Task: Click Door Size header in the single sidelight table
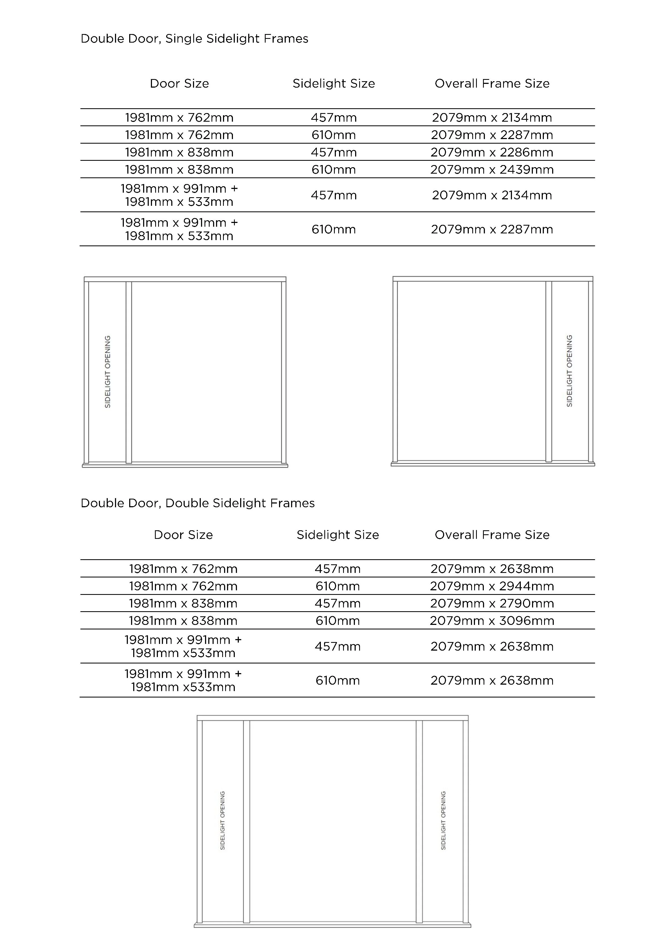[x=179, y=84]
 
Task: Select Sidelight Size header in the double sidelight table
[x=337, y=535]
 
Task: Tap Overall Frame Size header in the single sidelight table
[x=492, y=84]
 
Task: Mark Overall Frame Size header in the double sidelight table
[x=492, y=535]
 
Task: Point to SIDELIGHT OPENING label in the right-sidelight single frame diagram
[x=569, y=371]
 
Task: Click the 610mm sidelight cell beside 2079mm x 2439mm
[x=333, y=170]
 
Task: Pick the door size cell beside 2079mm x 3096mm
[x=183, y=621]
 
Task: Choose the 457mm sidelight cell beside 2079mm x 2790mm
[x=337, y=603]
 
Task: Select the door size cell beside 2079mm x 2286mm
[x=179, y=152]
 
